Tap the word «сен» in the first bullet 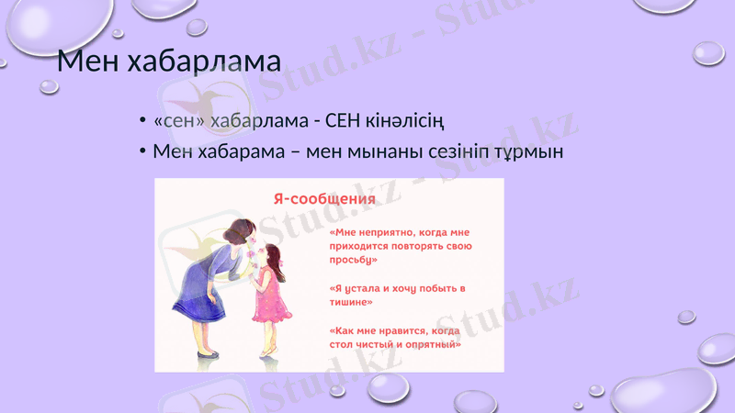179,121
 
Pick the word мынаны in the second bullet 386,151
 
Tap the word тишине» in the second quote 350,301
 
